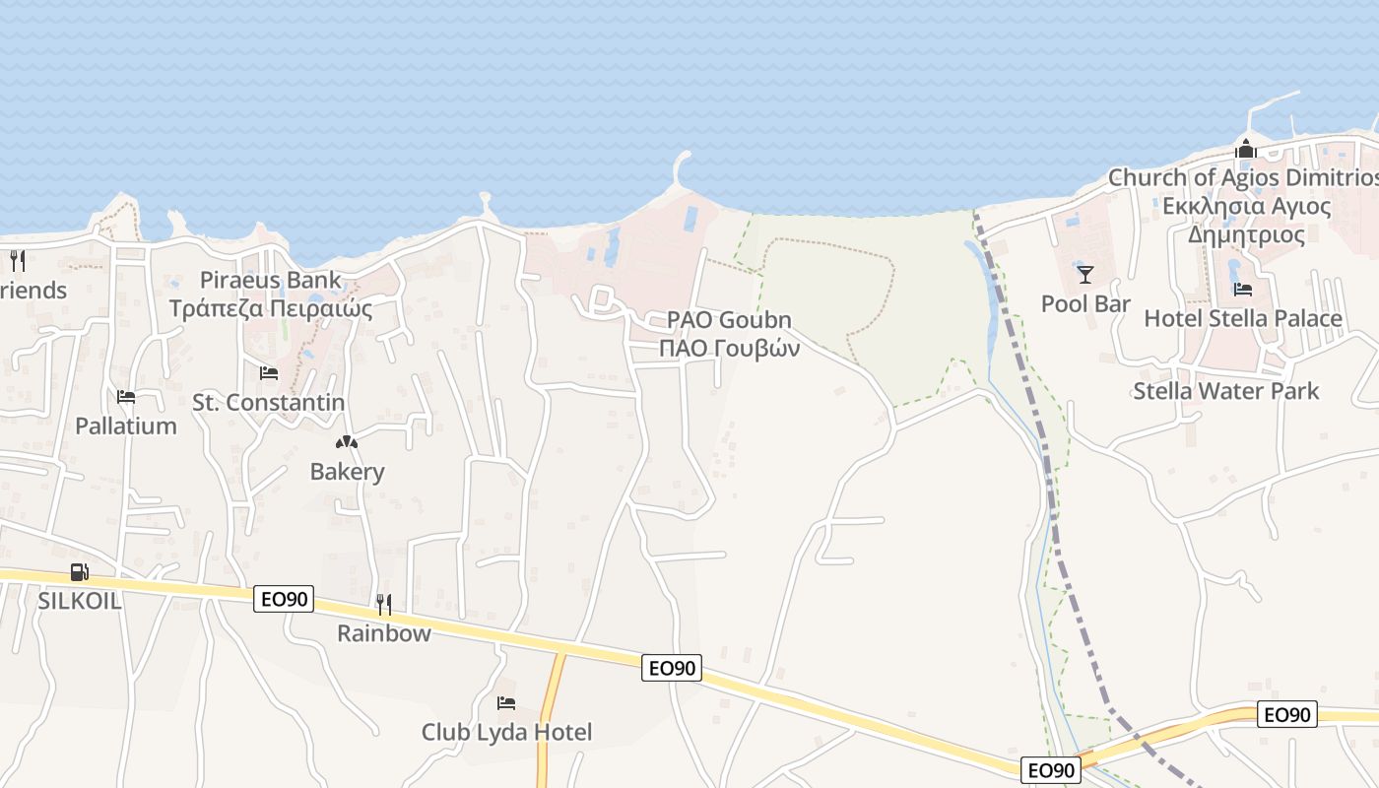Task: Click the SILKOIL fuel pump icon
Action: pos(80,572)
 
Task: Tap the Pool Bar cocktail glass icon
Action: pos(1085,275)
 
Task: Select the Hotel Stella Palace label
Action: pos(1242,318)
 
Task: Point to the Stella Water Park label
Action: pos(1225,391)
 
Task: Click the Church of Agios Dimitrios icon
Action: pos(1246,151)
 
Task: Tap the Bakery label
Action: pos(347,472)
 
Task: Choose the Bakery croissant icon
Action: pos(347,442)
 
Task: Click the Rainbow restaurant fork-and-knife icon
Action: pos(384,604)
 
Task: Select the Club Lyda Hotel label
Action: pos(506,732)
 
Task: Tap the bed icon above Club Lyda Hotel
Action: pos(506,703)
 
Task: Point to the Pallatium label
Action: pos(126,427)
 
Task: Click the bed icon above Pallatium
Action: pos(126,397)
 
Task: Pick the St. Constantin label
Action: pos(268,403)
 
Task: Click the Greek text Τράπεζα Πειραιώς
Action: pos(271,308)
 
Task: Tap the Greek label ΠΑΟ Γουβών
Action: pos(729,348)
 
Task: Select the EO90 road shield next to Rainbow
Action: pos(284,599)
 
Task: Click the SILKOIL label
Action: pos(80,601)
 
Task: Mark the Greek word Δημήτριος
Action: pos(1246,235)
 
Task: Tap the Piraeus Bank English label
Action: pos(271,280)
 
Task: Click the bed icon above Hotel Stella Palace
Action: pos(1243,290)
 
